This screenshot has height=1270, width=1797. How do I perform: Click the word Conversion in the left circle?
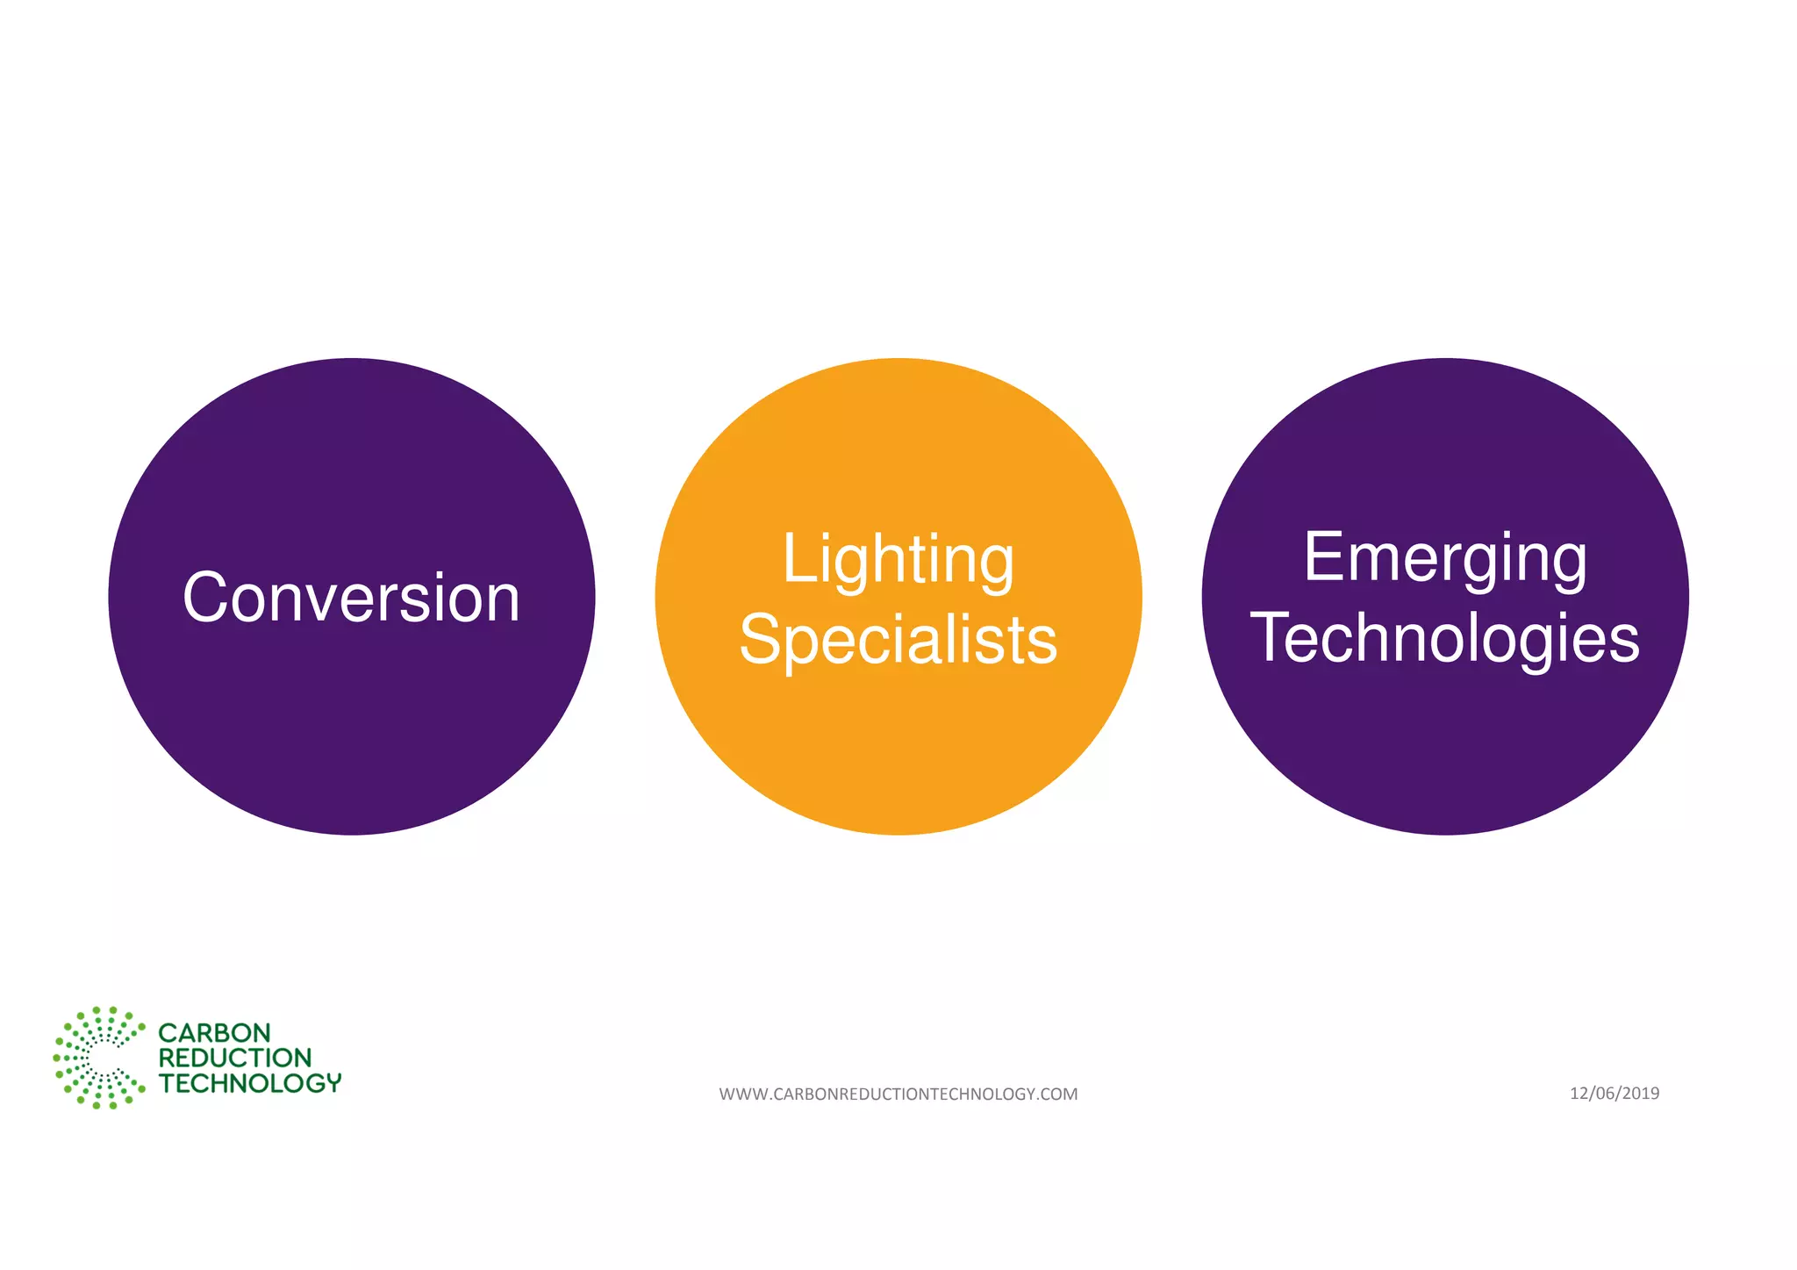point(351,598)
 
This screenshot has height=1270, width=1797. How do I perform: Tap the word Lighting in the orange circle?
point(898,559)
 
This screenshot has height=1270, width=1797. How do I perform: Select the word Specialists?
point(898,640)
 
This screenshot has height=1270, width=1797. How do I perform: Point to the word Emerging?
point(1444,557)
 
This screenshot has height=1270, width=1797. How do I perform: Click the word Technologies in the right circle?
point(1444,638)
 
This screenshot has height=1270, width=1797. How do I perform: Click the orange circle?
point(898,746)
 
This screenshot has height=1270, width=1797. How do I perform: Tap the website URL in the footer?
point(898,1094)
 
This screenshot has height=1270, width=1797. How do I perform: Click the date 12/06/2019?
point(1614,1093)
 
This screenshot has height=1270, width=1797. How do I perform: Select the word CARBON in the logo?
point(214,1033)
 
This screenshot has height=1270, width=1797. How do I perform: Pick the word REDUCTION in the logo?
point(234,1058)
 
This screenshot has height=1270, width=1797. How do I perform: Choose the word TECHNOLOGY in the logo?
point(249,1083)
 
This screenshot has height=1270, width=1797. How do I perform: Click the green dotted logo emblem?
point(98,1058)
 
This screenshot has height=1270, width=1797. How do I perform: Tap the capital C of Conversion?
point(204,598)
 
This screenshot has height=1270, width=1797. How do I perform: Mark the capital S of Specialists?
point(760,640)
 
